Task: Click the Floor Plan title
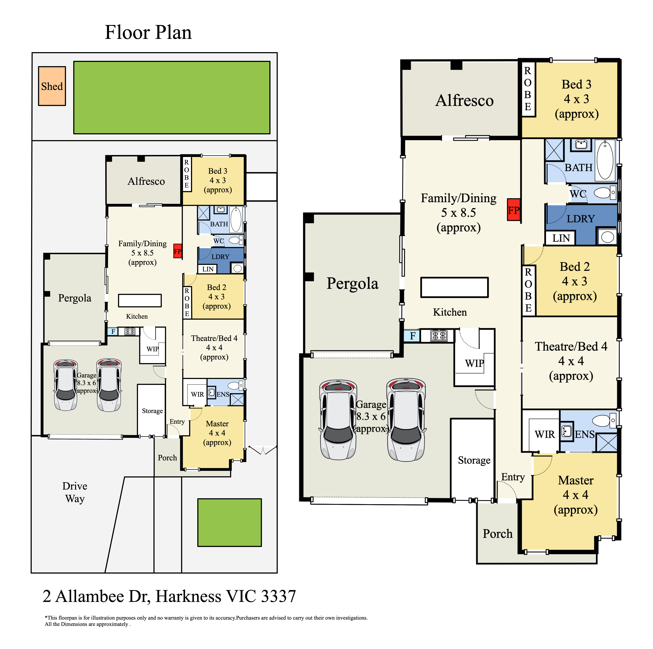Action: [x=148, y=32]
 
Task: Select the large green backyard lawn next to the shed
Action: [x=172, y=97]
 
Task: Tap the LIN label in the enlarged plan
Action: [x=561, y=238]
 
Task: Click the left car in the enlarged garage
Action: [x=338, y=420]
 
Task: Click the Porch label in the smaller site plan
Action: [x=167, y=458]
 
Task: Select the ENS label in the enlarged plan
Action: [x=585, y=435]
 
